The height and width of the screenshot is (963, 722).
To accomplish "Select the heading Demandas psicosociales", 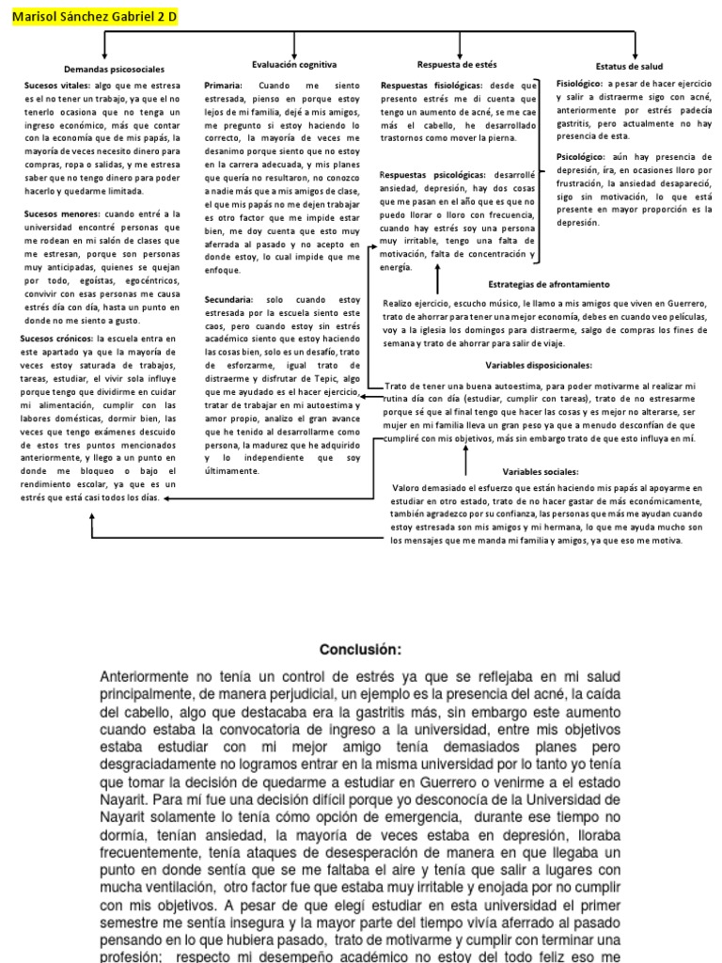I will (x=114, y=70).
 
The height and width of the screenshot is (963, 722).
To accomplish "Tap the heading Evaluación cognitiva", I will (x=294, y=64).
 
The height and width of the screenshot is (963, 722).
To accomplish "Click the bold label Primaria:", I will (x=224, y=85).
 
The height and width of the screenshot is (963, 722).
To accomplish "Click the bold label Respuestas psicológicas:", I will (x=432, y=175).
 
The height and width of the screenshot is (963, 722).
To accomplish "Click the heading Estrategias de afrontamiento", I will (x=549, y=284).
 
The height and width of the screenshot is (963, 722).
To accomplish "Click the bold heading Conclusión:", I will (x=360, y=649).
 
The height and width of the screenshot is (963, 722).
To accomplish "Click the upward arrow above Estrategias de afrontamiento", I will (x=437, y=279).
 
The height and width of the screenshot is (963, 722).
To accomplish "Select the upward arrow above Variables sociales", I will (x=465, y=461).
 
